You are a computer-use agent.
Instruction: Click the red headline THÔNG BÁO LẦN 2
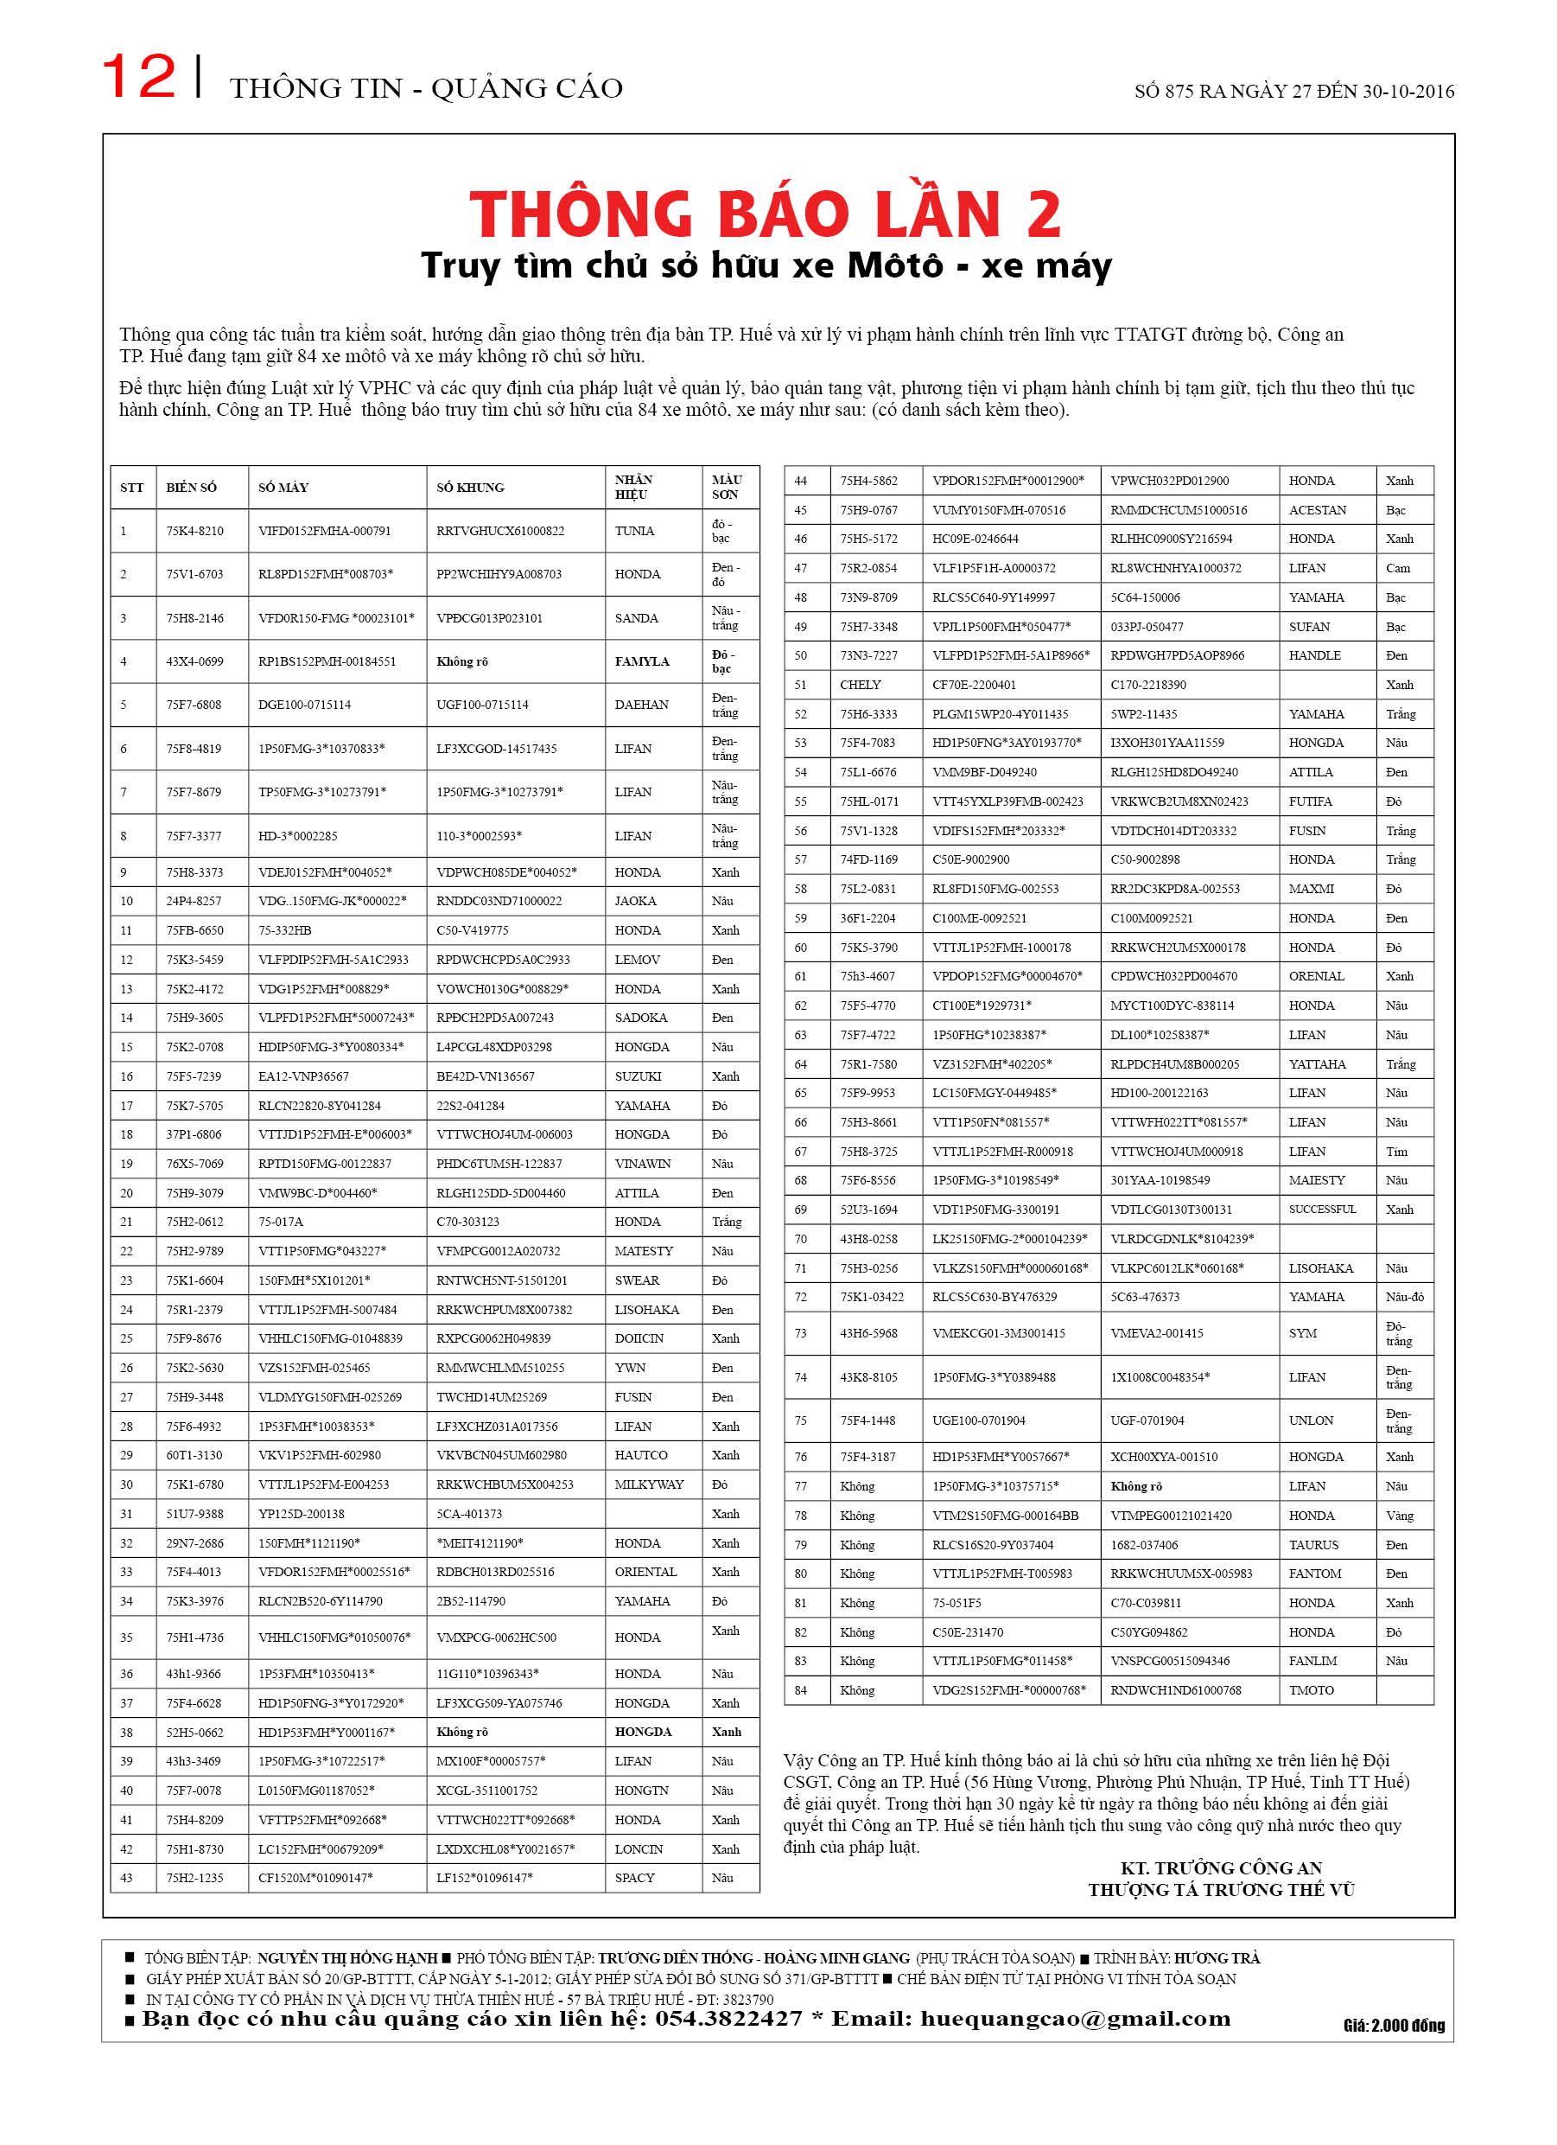(765, 214)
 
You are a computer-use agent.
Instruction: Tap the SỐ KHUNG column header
(470, 488)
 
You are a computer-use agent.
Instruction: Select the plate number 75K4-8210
(194, 532)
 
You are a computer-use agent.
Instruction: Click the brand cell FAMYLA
(642, 662)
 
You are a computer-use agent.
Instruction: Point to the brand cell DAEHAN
(641, 705)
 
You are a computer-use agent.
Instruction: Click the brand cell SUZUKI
(639, 1077)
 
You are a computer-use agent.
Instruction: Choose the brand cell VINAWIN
(642, 1165)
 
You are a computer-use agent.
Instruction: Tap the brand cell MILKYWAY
(649, 1484)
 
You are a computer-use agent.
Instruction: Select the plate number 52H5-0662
(194, 1733)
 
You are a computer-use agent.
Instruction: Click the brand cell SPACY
(634, 1879)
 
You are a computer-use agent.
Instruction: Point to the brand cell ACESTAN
(1317, 511)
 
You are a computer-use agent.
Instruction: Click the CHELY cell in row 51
(861, 686)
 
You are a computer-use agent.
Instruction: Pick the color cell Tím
(1396, 1152)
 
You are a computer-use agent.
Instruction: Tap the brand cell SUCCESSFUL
(1322, 1210)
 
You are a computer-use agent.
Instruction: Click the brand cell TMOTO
(1312, 1690)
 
